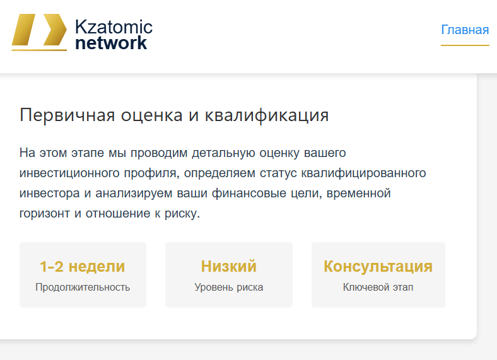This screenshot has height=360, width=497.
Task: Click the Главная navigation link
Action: pyautogui.click(x=465, y=30)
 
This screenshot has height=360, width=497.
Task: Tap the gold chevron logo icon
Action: pyautogui.click(x=39, y=32)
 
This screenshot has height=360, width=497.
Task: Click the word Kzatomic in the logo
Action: pyautogui.click(x=114, y=27)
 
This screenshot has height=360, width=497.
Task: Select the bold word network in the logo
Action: pyautogui.click(x=111, y=43)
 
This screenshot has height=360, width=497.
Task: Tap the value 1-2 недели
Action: pyautogui.click(x=83, y=267)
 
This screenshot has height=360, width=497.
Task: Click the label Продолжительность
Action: pyautogui.click(x=83, y=287)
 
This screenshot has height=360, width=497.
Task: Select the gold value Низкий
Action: pyautogui.click(x=229, y=267)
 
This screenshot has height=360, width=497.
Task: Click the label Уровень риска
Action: pyautogui.click(x=229, y=287)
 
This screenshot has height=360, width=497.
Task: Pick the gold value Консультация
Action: pyautogui.click(x=378, y=267)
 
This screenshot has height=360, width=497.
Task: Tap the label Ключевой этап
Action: pyautogui.click(x=378, y=287)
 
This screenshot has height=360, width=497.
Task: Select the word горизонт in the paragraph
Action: pyautogui.click(x=44, y=213)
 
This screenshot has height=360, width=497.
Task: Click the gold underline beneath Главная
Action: pyautogui.click(x=465, y=45)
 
